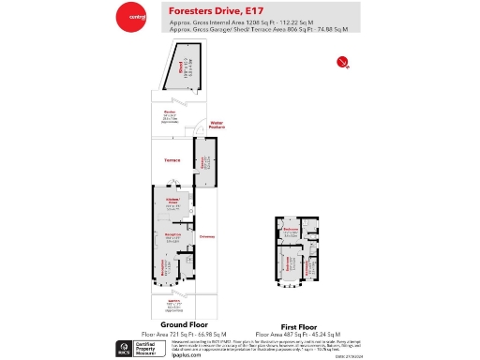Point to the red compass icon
342,63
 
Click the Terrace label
172,160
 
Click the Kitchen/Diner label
172,202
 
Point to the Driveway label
206,236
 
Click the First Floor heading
302,325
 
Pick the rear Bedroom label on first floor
292,229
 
